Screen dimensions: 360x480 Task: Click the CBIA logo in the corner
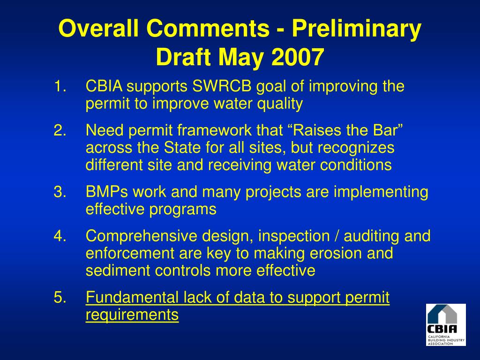pyautogui.click(x=446, y=324)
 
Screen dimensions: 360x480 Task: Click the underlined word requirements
pyautogui.click(x=132, y=315)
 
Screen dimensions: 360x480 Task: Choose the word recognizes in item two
pyautogui.click(x=356, y=148)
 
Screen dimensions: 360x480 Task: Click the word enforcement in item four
pyautogui.click(x=130, y=254)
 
